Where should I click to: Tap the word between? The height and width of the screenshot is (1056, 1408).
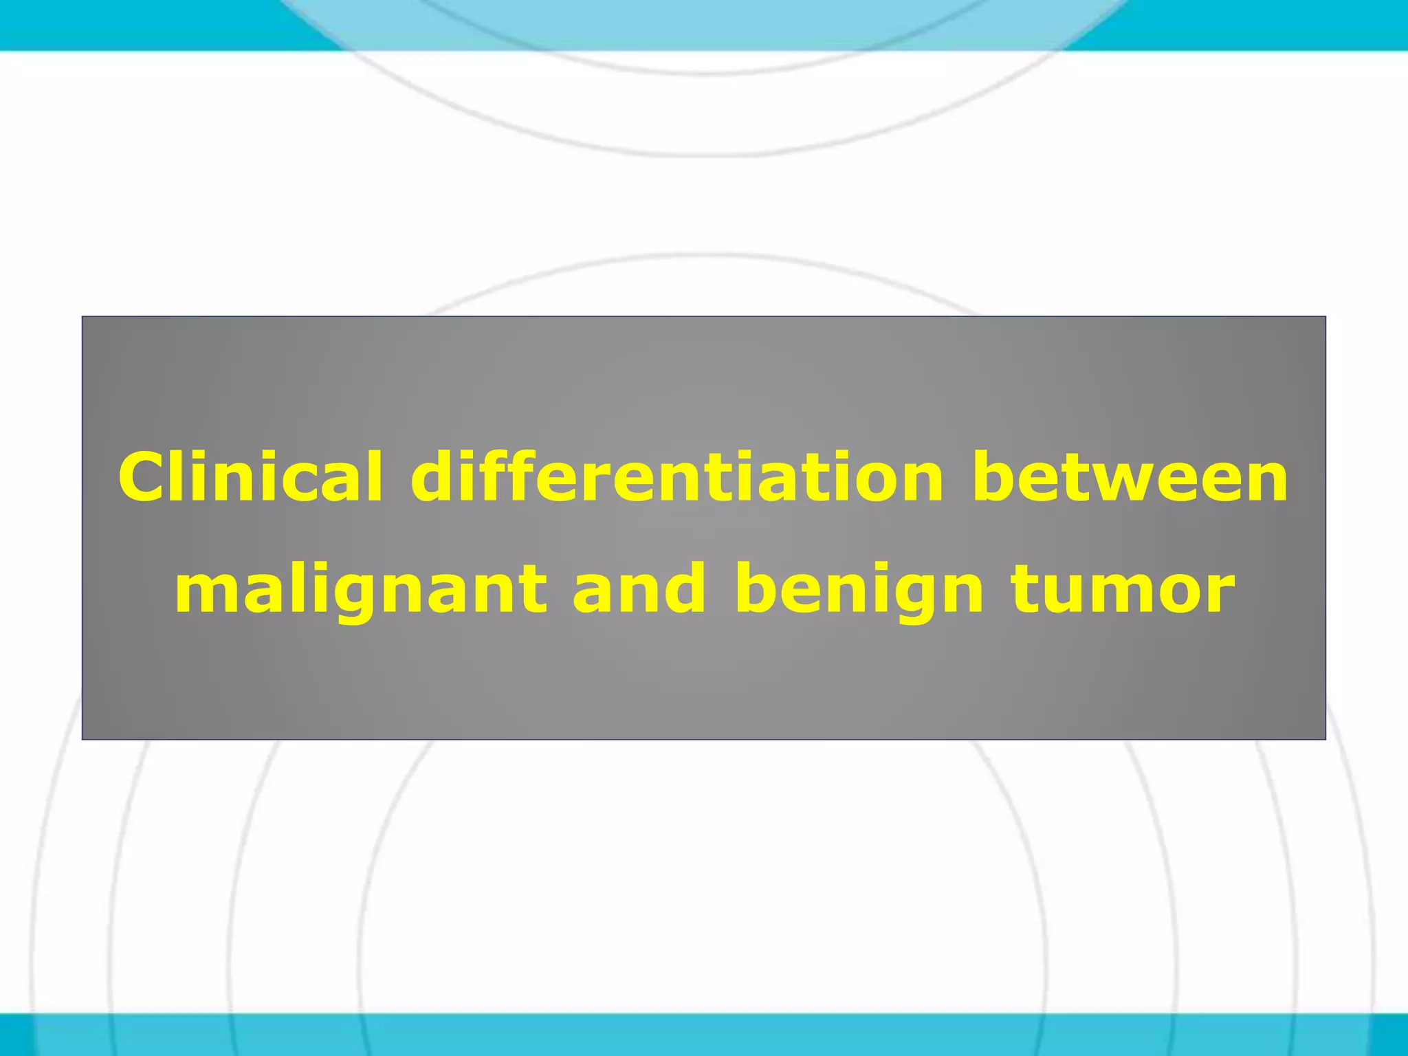[x=1130, y=477]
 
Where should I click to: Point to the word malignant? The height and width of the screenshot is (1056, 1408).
[x=361, y=590]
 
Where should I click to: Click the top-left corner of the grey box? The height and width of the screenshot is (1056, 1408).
[x=82, y=317]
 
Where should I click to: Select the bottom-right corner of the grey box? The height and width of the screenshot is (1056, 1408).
[x=1325, y=739]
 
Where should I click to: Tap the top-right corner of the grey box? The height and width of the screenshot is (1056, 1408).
[x=1325, y=317]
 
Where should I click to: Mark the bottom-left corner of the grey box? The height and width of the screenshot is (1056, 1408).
[x=82, y=739]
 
